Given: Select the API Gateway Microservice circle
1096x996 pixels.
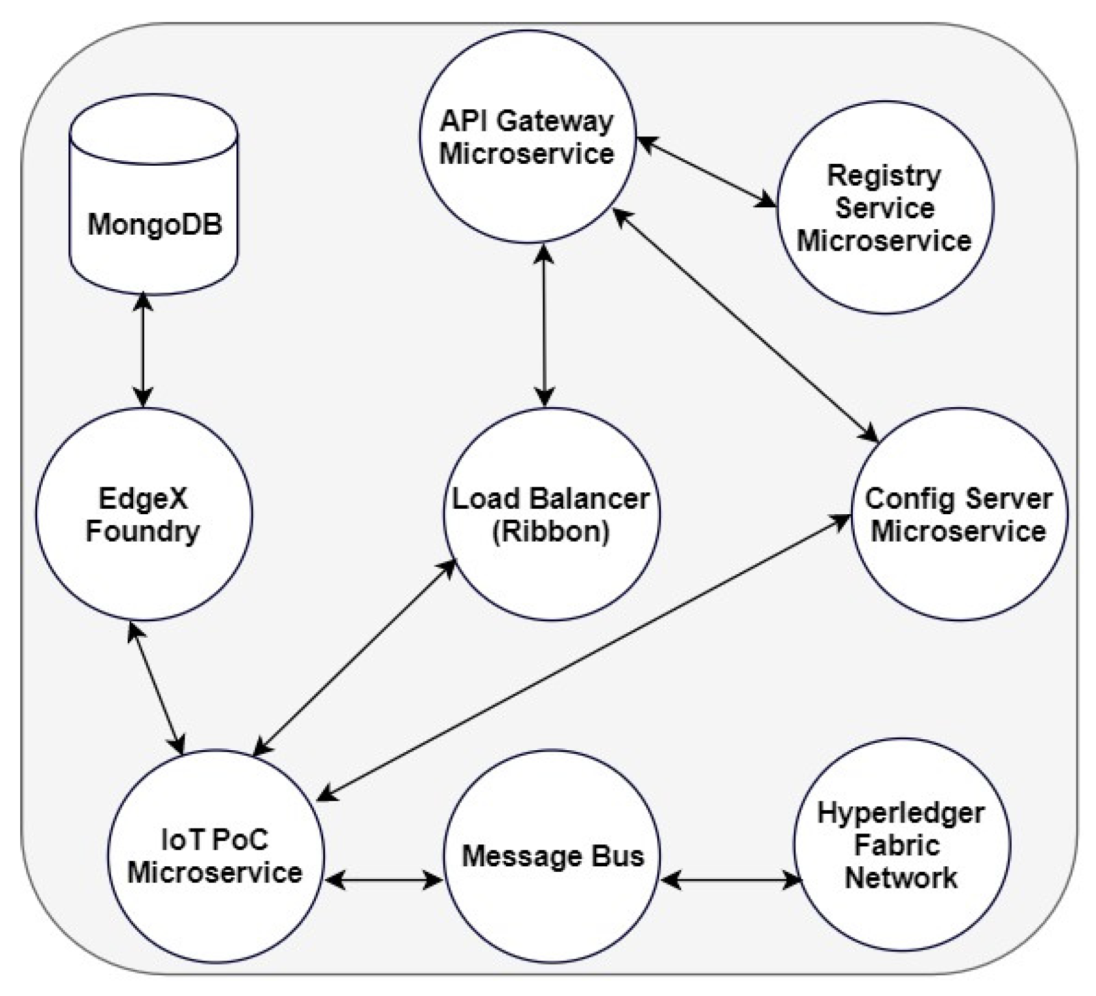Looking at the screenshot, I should pyautogui.click(x=527, y=136).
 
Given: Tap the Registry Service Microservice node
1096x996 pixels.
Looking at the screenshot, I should pyautogui.click(x=885, y=208).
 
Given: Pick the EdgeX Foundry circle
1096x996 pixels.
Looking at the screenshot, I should pyautogui.click(x=143, y=514).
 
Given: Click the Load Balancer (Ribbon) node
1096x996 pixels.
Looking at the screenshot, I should pyautogui.click(x=550, y=514).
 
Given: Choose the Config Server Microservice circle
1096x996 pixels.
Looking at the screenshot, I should pyautogui.click(x=959, y=514).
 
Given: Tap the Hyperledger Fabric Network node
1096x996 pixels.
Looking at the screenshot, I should pyautogui.click(x=902, y=844).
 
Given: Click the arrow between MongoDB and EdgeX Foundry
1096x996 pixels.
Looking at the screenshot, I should pyautogui.click(x=143, y=350).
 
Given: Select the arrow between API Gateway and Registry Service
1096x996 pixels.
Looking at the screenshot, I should pyautogui.click(x=707, y=172).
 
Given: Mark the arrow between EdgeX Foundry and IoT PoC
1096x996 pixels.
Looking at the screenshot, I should pyautogui.click(x=156, y=688).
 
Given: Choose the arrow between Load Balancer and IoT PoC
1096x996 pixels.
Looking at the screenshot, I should pyautogui.click(x=355, y=657).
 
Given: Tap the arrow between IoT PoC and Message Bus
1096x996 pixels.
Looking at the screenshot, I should pyautogui.click(x=383, y=880).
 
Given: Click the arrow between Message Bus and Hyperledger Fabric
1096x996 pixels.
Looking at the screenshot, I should pyautogui.click(x=731, y=880).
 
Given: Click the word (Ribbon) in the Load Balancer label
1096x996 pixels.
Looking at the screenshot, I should pyautogui.click(x=550, y=531).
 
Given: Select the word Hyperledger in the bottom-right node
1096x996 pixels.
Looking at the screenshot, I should pyautogui.click(x=901, y=813).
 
